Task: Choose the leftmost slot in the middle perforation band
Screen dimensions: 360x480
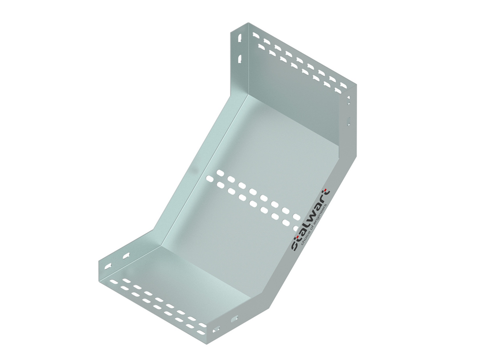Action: click(x=210, y=179)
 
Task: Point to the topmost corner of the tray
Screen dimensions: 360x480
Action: click(x=248, y=23)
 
